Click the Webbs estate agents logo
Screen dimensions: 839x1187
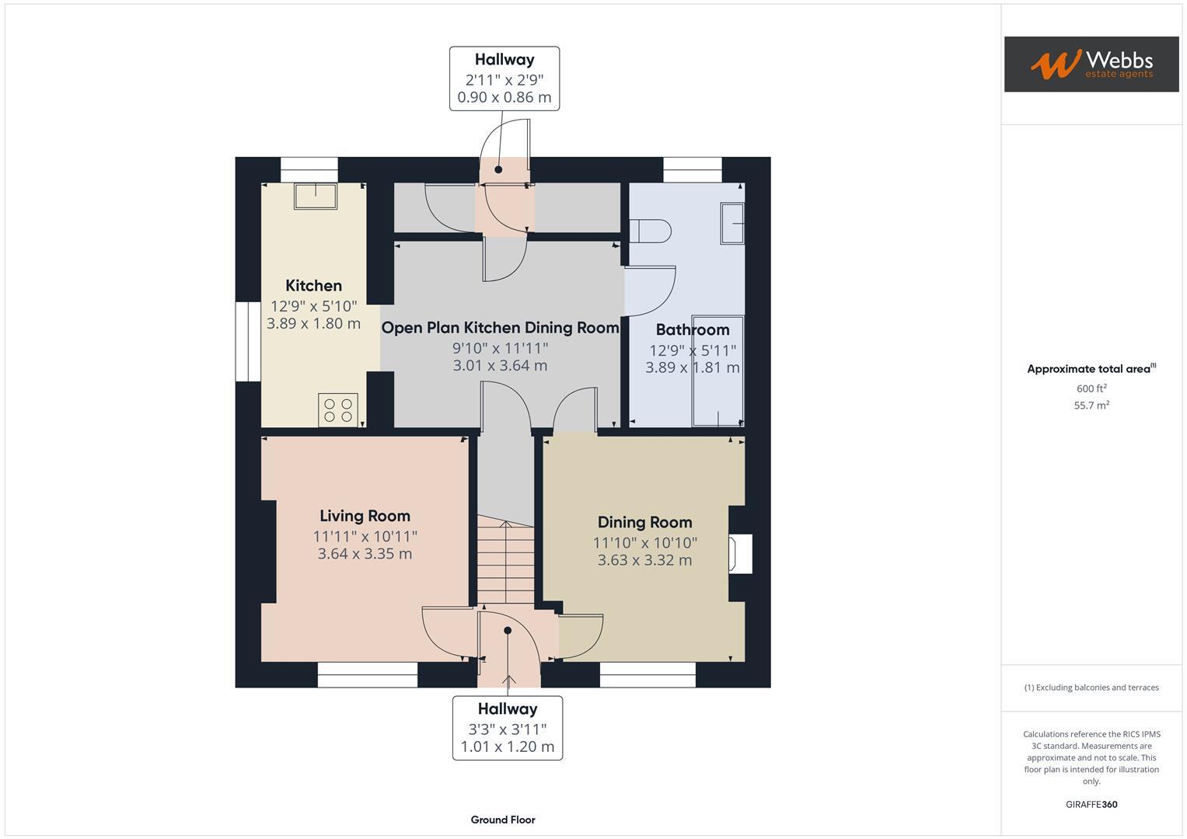point(1091,64)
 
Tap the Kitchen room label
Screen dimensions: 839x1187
point(313,286)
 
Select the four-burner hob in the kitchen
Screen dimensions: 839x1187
point(338,410)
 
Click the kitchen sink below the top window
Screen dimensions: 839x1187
point(315,196)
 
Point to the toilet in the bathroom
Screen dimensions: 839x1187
point(650,231)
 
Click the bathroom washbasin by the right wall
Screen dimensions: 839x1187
point(732,224)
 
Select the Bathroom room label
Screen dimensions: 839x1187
point(692,329)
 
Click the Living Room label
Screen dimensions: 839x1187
point(365,516)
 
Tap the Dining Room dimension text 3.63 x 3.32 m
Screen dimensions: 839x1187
point(644,560)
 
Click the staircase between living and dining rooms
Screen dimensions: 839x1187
point(505,563)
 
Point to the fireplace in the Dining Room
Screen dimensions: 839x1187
point(739,554)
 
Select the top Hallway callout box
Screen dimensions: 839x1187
point(504,78)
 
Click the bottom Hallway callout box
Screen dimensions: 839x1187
point(507,728)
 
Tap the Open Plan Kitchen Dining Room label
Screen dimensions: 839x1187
point(500,328)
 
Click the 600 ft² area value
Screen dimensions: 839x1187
point(1091,388)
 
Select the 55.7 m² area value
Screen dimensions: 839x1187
point(1091,406)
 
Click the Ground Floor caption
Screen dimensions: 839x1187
point(502,820)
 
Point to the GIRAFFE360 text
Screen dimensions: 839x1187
point(1091,805)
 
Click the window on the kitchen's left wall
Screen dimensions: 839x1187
point(248,342)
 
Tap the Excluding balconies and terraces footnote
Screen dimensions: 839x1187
point(1091,688)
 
